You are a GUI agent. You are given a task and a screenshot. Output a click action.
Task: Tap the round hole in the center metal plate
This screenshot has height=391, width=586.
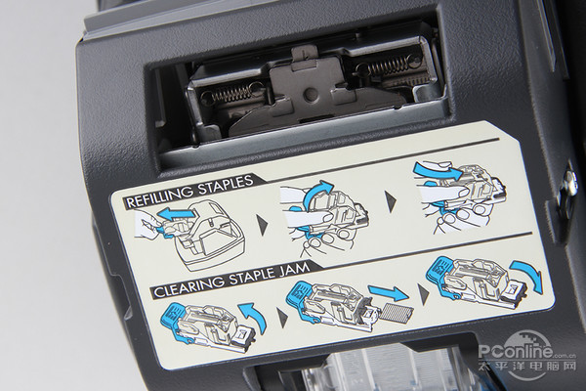coord(309,93)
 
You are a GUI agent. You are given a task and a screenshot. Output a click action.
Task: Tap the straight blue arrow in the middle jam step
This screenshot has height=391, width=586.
coord(388,291)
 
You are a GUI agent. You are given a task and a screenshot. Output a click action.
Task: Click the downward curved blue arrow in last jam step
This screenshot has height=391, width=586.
coord(528,274)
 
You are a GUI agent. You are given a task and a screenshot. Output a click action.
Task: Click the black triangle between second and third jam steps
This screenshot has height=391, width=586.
coord(424,294)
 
